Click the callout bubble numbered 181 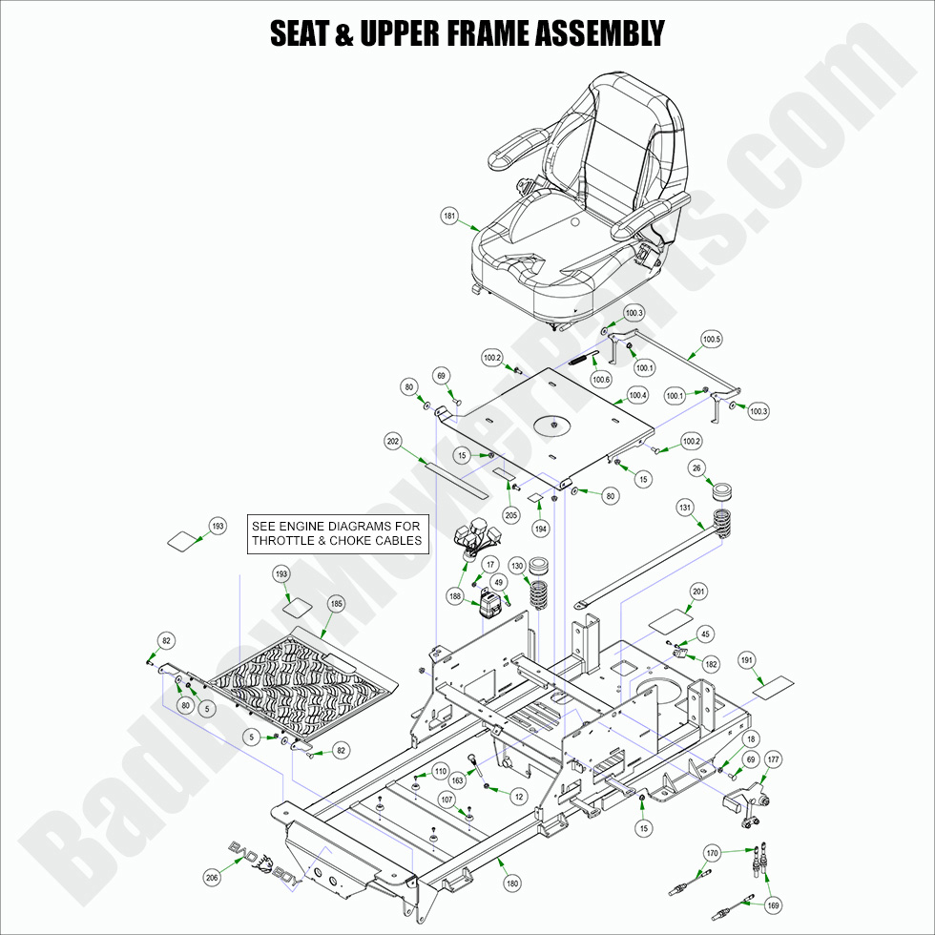450,217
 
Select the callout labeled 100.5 712,339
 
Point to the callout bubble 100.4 637,395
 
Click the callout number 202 393,442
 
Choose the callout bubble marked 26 696,467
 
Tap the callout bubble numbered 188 456,596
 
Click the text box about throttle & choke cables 336,532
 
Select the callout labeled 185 336,603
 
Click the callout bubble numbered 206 212,877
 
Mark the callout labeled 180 512,883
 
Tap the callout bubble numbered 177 773,759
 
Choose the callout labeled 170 712,851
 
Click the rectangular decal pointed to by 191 773,686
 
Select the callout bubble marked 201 698,592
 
